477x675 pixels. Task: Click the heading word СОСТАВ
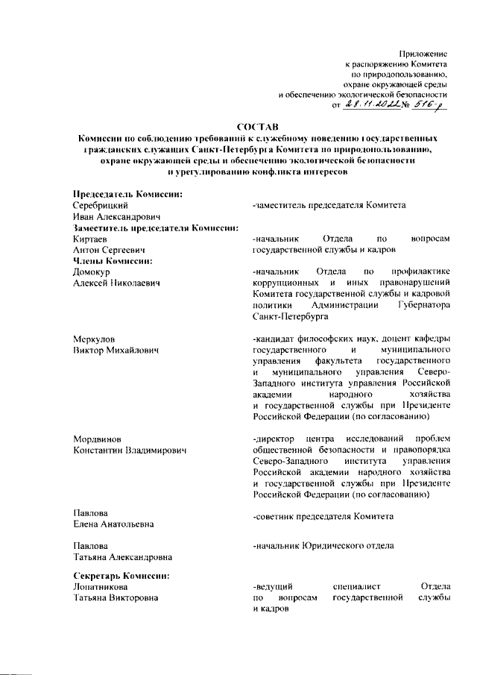click(258, 127)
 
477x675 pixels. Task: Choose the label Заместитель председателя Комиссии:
click(155, 227)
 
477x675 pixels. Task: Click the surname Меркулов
click(95, 338)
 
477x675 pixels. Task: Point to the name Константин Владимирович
click(129, 450)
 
